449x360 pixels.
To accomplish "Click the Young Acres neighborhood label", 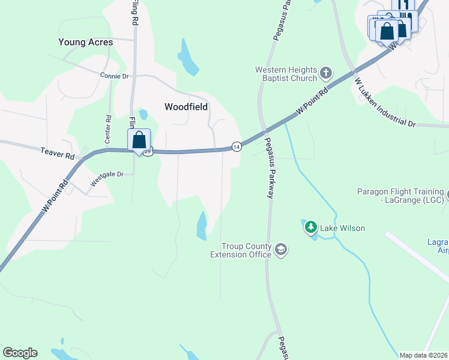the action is click(85, 43).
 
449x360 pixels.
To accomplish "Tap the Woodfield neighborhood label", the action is click(186, 107).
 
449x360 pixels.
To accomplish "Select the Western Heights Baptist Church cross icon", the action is click(326, 74).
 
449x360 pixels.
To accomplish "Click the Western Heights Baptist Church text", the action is click(285, 74).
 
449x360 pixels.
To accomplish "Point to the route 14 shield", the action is click(237, 146).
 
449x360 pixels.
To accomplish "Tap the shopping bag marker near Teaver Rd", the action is click(139, 140).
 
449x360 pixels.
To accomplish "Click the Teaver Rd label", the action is click(58, 154).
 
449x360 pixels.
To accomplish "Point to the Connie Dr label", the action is click(115, 76).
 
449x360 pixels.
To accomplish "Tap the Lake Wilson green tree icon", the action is click(310, 227).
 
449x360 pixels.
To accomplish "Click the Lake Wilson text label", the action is click(342, 228).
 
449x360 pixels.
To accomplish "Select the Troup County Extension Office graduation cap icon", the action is click(280, 249).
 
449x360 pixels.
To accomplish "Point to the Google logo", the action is click(20, 353).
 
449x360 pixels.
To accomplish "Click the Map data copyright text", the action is click(424, 355).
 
